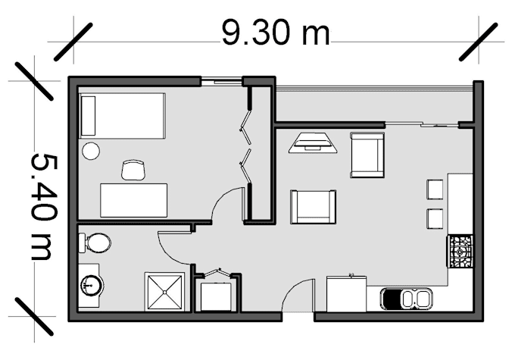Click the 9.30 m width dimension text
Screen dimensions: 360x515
pos(276,33)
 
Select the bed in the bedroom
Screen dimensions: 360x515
pos(123,116)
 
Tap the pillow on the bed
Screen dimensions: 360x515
pos(89,116)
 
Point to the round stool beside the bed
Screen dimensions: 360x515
pos(91,150)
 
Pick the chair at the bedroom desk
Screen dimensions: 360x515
pos(133,171)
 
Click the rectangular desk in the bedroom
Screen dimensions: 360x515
pos(133,200)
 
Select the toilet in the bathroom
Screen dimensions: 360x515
pos(94,243)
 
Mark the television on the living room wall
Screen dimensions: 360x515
pos(312,142)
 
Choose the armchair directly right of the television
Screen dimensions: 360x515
pos(367,155)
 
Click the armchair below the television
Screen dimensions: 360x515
pos(313,206)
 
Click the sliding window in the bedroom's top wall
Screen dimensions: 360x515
pos(221,80)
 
